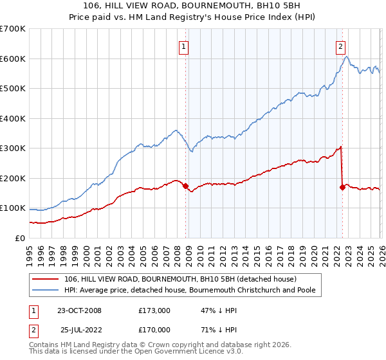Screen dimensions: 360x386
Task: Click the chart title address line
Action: pos(192,6)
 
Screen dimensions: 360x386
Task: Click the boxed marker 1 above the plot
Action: pos(184,46)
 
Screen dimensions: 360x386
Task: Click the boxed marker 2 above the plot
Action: pos(340,46)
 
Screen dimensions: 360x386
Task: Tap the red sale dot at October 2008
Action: pos(186,186)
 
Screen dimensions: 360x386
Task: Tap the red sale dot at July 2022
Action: pos(342,187)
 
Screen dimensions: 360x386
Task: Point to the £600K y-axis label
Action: pos(13,59)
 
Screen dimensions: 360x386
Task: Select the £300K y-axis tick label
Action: pos(13,148)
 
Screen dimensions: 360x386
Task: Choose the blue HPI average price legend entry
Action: pos(193,291)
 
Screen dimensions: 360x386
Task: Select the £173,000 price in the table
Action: pos(154,310)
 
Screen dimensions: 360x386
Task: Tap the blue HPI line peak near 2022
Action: pos(346,57)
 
